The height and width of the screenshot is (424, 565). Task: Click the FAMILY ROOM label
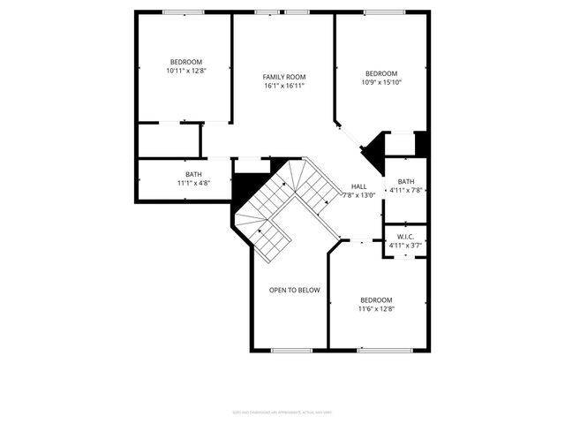tap(284, 77)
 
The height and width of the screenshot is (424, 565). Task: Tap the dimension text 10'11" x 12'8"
tap(186, 71)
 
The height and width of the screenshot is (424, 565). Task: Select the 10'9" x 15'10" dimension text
tap(381, 82)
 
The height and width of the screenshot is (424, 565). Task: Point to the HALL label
tap(358, 186)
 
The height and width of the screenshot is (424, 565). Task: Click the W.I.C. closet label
tap(405, 237)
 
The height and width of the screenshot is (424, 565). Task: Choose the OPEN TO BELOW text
tap(294, 290)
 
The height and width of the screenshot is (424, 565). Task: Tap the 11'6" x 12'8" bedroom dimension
tap(376, 309)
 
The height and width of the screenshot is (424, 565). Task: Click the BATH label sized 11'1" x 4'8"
tap(193, 174)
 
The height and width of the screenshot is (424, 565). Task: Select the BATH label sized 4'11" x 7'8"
tap(405, 181)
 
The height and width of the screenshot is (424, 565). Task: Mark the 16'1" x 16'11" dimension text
tap(284, 86)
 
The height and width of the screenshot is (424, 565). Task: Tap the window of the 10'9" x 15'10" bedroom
tap(380, 12)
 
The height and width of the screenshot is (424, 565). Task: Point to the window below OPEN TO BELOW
tap(291, 351)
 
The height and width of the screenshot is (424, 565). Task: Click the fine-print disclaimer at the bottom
tap(282, 412)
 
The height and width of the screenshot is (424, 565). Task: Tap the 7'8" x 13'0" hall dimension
tap(358, 195)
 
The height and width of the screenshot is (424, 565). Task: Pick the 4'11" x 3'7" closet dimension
tap(405, 246)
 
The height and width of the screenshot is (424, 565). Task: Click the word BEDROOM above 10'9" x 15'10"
tap(381, 73)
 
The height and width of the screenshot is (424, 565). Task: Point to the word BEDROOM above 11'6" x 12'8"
tap(376, 300)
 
